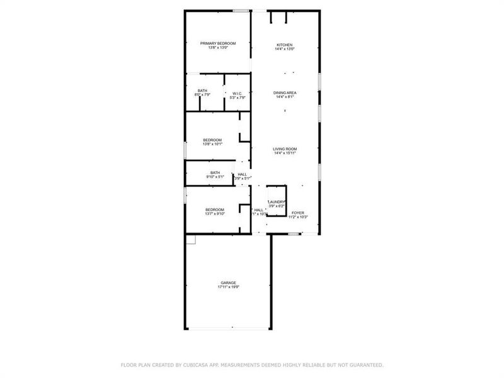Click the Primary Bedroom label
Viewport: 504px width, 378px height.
click(218, 43)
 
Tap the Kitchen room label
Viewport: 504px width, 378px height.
click(285, 45)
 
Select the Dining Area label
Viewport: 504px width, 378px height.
click(285, 93)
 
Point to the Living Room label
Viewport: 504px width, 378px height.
click(285, 149)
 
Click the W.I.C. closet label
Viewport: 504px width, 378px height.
click(237, 93)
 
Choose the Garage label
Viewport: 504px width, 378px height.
click(228, 282)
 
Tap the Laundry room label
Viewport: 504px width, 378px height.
click(277, 202)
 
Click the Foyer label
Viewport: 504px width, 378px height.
click(297, 213)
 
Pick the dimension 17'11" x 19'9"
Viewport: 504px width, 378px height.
click(228, 287)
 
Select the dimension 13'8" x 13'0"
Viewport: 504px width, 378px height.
click(218, 48)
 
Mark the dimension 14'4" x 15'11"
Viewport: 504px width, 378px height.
click(285, 153)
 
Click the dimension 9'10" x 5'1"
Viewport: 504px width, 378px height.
click(215, 177)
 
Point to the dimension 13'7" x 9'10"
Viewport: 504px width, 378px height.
click(215, 214)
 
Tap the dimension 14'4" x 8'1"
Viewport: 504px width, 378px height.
click(285, 97)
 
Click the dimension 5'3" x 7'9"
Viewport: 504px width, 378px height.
click(237, 98)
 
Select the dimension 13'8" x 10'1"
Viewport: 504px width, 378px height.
click(212, 144)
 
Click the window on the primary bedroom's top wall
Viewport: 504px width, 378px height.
click(240, 11)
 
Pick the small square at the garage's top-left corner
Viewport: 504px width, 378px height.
click(191, 239)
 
